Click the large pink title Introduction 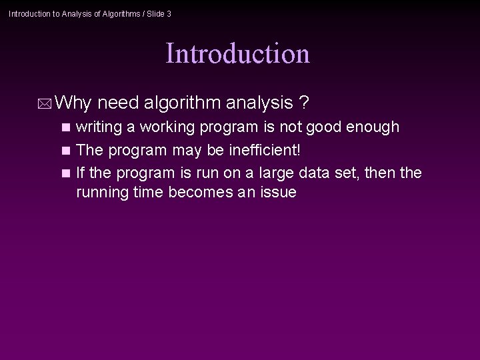tap(237, 53)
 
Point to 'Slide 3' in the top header tap(157, 13)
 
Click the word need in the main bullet tap(121, 103)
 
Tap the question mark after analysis tap(304, 103)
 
